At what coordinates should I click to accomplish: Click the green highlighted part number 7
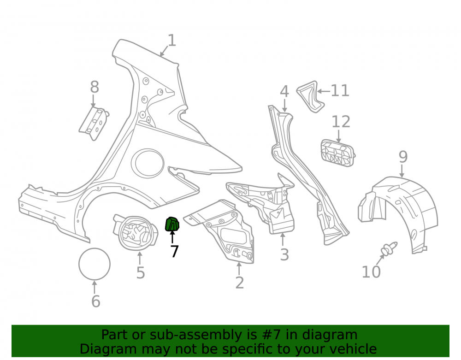[x=172, y=224]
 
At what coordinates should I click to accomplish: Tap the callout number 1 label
[x=171, y=40]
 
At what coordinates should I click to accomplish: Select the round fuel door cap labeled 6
[x=95, y=264]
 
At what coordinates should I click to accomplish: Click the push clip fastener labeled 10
[x=389, y=248]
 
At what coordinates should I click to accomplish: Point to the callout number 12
[x=341, y=122]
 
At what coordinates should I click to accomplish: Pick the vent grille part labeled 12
[x=338, y=153]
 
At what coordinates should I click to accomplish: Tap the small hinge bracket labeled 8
[x=94, y=124]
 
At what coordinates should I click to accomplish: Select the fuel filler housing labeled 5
[x=135, y=232]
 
